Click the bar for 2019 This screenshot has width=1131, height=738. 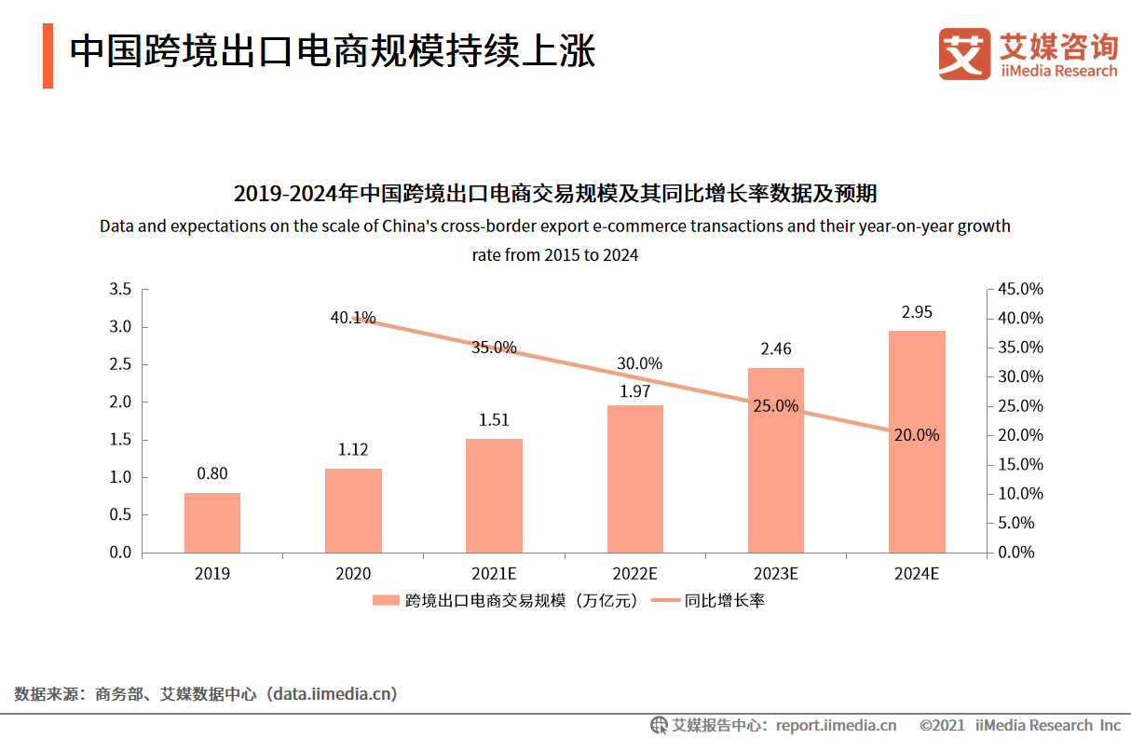[212, 522]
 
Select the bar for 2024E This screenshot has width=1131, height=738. [917, 442]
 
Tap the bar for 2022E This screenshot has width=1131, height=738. [635, 479]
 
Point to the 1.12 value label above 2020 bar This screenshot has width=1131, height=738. [353, 450]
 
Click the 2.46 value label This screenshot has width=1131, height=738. [776, 349]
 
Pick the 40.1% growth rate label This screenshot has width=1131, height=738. [352, 318]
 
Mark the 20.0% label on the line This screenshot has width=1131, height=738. [917, 435]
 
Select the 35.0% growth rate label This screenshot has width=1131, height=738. [494, 348]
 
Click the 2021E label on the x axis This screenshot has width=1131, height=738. [494, 574]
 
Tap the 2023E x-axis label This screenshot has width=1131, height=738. [776, 574]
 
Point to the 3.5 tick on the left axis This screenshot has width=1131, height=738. [120, 290]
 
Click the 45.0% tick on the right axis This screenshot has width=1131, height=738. [1021, 290]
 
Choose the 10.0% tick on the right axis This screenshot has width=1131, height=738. [1021, 494]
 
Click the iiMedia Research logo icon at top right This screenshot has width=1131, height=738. [964, 54]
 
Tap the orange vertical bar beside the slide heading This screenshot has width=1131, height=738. [48, 57]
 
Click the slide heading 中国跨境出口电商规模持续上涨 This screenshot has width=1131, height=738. [333, 52]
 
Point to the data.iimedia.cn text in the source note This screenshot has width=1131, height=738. [332, 694]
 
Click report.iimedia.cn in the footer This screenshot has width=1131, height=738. [836, 725]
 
